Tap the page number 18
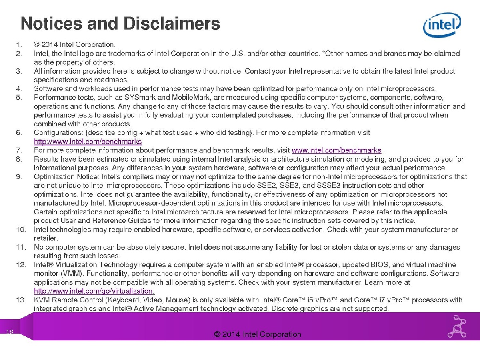click(x=10, y=332)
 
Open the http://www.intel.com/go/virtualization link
click(x=94, y=291)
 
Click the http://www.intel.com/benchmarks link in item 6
click(x=88, y=141)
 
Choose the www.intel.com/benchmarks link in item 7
click(x=336, y=150)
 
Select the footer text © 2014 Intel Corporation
click(x=258, y=334)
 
